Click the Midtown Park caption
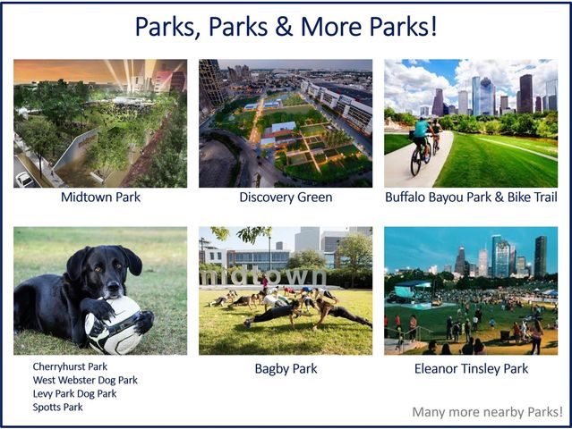coord(100,198)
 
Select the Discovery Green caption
coord(286,198)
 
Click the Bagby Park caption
coord(285,368)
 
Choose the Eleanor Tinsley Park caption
coord(470,368)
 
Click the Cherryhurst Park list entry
coord(70,366)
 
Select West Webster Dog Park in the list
coord(85,380)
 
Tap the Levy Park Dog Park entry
coord(74,393)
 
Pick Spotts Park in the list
coord(57,407)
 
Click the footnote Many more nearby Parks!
coord(487,412)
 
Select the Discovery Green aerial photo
coord(286,122)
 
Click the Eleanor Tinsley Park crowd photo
coord(470,290)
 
